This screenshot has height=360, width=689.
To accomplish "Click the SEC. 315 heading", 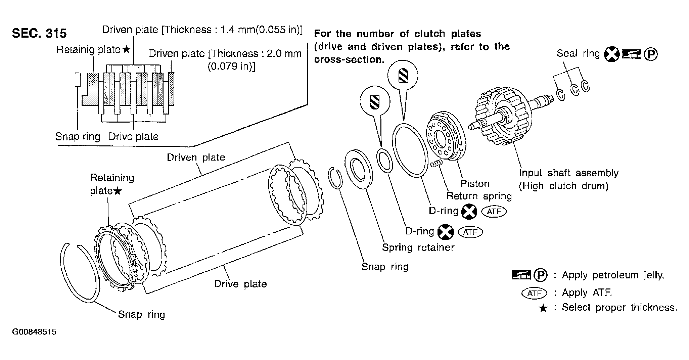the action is pyautogui.click(x=39, y=33).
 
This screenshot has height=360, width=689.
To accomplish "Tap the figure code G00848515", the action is pyautogui.click(x=34, y=332).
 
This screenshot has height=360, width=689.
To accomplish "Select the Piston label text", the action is pyautogui.click(x=475, y=183).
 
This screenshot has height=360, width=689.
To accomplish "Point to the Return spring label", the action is pyautogui.click(x=479, y=196).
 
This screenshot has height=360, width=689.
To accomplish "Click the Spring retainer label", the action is pyautogui.click(x=418, y=248).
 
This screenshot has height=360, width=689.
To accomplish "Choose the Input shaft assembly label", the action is pyautogui.click(x=568, y=173).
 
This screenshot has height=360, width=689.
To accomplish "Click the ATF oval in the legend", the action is pyautogui.click(x=534, y=293).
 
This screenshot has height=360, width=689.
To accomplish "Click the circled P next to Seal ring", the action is pyautogui.click(x=651, y=54).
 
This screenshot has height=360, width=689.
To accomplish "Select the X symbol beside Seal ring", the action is pyautogui.click(x=611, y=55).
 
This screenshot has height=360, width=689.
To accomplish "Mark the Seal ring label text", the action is pyautogui.click(x=578, y=54).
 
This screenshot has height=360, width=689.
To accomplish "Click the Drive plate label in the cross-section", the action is pyautogui.click(x=133, y=137).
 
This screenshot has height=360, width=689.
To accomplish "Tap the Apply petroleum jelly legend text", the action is pyautogui.click(x=613, y=275).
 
